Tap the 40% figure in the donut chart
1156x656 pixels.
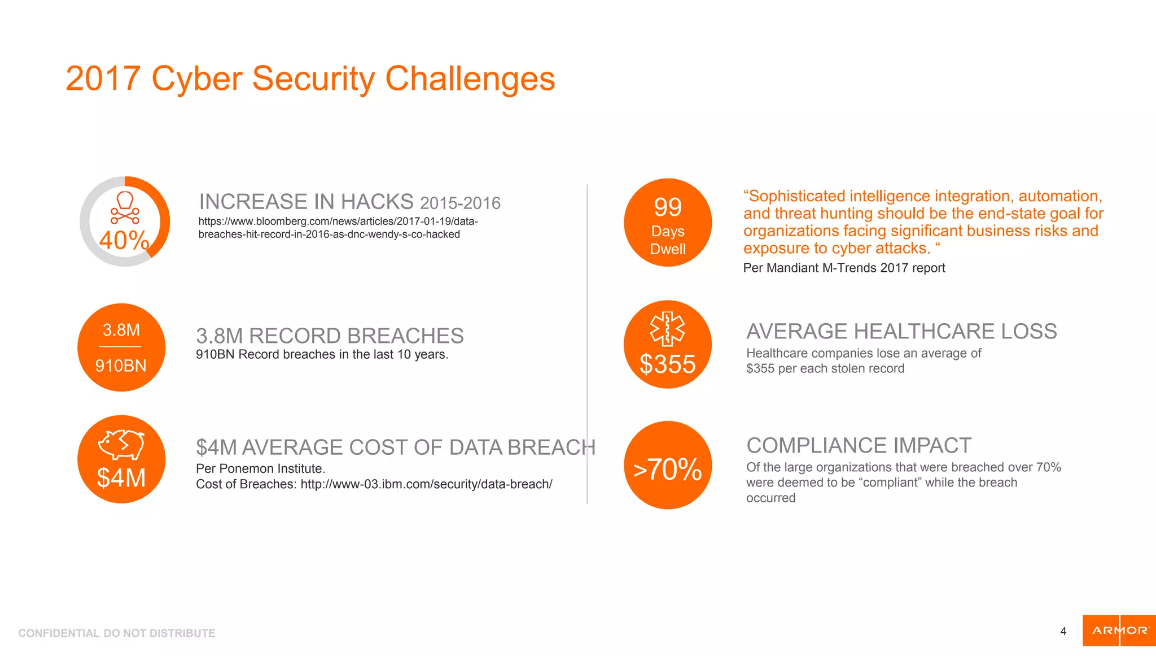124,240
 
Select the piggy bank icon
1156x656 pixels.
121,444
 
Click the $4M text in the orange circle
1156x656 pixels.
121,478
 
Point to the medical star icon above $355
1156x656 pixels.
667,328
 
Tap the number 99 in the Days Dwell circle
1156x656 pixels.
668,207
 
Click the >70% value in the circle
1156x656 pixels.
668,470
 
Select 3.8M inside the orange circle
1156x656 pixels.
121,330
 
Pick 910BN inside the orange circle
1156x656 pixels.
121,366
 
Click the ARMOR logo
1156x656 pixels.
1119,631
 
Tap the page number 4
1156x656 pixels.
1063,631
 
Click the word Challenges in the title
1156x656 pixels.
470,79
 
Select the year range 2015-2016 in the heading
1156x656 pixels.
460,203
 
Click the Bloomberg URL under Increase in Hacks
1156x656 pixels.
338,228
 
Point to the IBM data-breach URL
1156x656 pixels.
426,484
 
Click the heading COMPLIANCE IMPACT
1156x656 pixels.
859,446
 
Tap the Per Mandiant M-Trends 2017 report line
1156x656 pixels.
844,268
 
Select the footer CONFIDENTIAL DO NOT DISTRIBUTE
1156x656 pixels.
117,633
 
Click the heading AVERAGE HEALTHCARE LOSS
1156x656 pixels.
901,332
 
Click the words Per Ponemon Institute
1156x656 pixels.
260,468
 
